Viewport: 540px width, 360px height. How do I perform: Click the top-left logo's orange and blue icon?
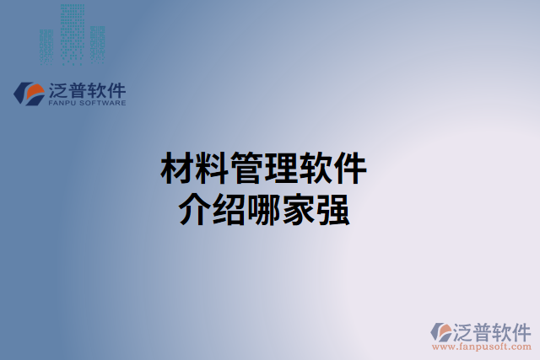[x=29, y=92]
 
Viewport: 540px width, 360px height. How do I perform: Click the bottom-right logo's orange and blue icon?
[x=441, y=330]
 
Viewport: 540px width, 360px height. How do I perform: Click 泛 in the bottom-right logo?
[x=467, y=330]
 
